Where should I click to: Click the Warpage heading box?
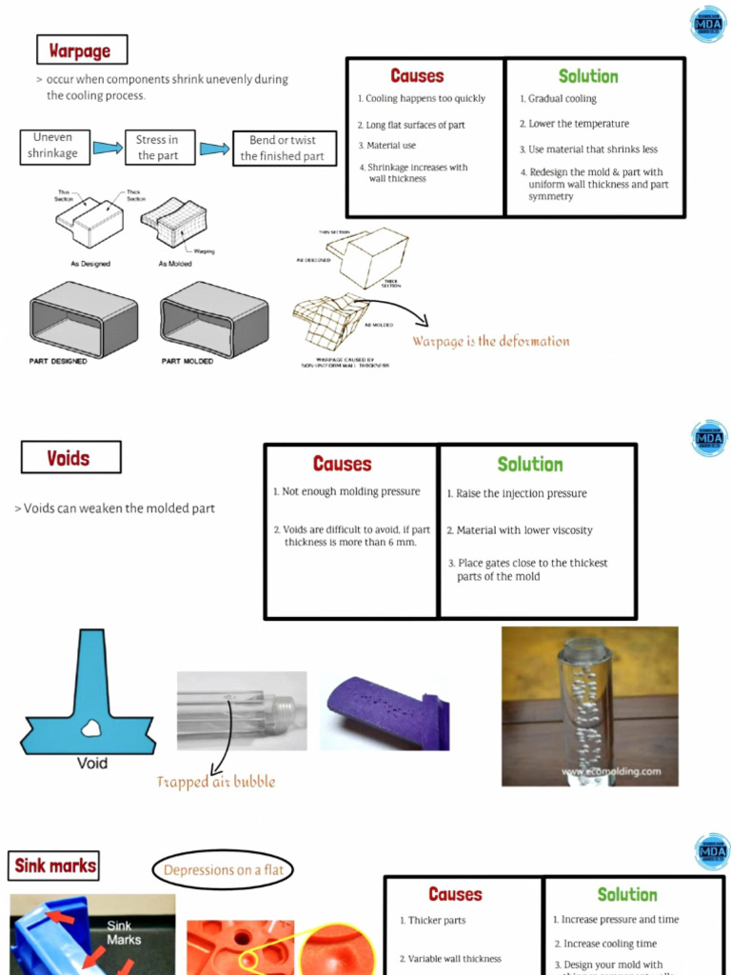click(x=81, y=50)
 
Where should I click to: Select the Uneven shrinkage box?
click(x=52, y=146)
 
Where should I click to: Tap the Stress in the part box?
click(x=159, y=148)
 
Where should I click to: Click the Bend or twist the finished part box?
click(x=284, y=149)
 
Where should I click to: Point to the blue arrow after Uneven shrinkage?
click(x=108, y=148)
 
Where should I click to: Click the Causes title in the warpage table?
click(x=416, y=76)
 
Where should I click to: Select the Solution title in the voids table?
click(x=529, y=465)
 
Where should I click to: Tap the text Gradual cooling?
click(x=562, y=99)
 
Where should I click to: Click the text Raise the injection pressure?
click(x=521, y=494)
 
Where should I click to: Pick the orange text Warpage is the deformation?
click(x=490, y=341)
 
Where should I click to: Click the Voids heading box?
click(x=70, y=458)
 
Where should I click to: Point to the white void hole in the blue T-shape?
click(x=91, y=728)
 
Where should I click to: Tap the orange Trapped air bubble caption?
click(x=216, y=782)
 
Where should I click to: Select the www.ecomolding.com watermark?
click(x=610, y=771)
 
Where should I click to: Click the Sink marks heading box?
click(x=54, y=866)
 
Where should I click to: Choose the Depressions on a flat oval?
click(x=223, y=870)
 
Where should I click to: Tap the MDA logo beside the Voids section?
click(x=710, y=438)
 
